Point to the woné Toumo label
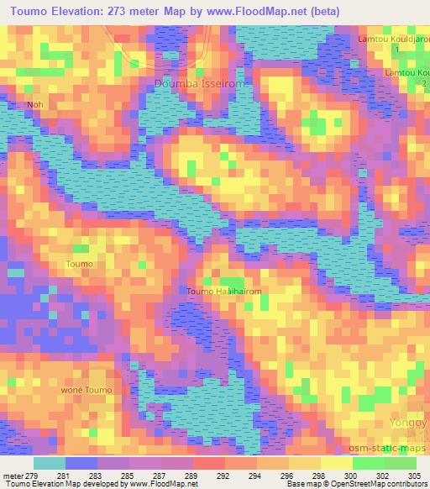coord(87,391)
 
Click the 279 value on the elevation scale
coord(33,475)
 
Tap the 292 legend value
coord(225,475)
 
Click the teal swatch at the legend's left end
coord(50,463)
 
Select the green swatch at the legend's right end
coord(400,463)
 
